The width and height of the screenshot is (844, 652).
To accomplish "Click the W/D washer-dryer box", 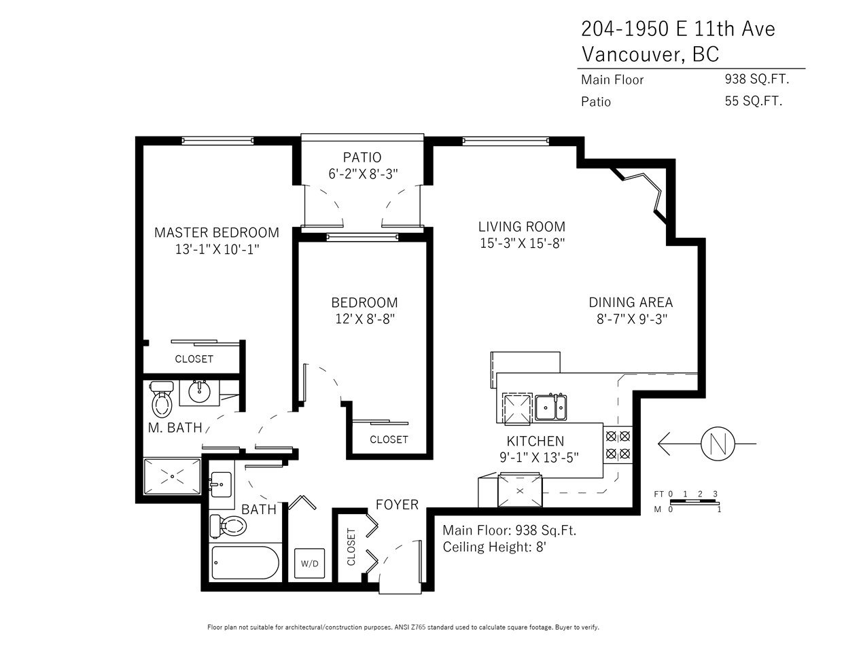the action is click(x=309, y=563).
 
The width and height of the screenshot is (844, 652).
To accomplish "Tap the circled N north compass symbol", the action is click(x=718, y=443).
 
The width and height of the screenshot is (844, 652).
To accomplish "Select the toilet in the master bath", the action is click(x=162, y=399).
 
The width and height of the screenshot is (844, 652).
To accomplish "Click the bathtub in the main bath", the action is click(x=245, y=563).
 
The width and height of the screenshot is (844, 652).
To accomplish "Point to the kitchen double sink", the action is click(x=550, y=407).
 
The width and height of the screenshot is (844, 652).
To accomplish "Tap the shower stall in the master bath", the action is click(x=172, y=476).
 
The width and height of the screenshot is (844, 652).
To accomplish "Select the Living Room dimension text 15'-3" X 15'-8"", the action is click(x=522, y=243).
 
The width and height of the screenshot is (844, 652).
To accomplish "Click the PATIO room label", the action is click(x=362, y=157).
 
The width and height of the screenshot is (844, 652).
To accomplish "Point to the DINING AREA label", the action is click(x=631, y=302).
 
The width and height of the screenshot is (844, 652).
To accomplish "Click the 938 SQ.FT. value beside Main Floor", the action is click(x=757, y=79).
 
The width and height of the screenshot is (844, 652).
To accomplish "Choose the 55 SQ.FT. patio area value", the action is click(x=754, y=101).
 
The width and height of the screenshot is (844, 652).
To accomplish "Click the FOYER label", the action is click(x=397, y=505).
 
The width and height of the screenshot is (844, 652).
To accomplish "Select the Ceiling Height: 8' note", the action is click(x=495, y=547).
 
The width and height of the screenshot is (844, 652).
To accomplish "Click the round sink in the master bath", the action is click(x=200, y=393).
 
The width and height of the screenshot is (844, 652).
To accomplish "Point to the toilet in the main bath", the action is click(x=228, y=526).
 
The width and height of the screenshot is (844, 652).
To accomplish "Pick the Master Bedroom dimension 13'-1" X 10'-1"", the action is click(x=217, y=249).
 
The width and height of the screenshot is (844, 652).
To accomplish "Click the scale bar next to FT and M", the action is click(x=694, y=502).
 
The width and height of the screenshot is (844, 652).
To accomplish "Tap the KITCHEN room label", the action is click(x=535, y=441).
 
